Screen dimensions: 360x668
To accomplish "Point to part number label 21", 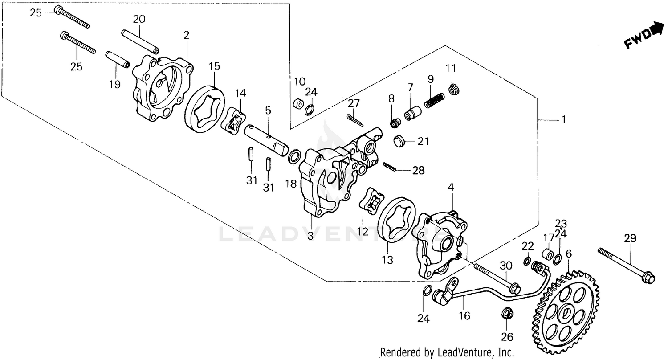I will (423, 142).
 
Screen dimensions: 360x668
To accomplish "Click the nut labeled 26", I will (506, 314).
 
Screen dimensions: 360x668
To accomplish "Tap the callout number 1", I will (563, 120).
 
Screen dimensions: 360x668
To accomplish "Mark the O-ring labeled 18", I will (294, 156).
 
